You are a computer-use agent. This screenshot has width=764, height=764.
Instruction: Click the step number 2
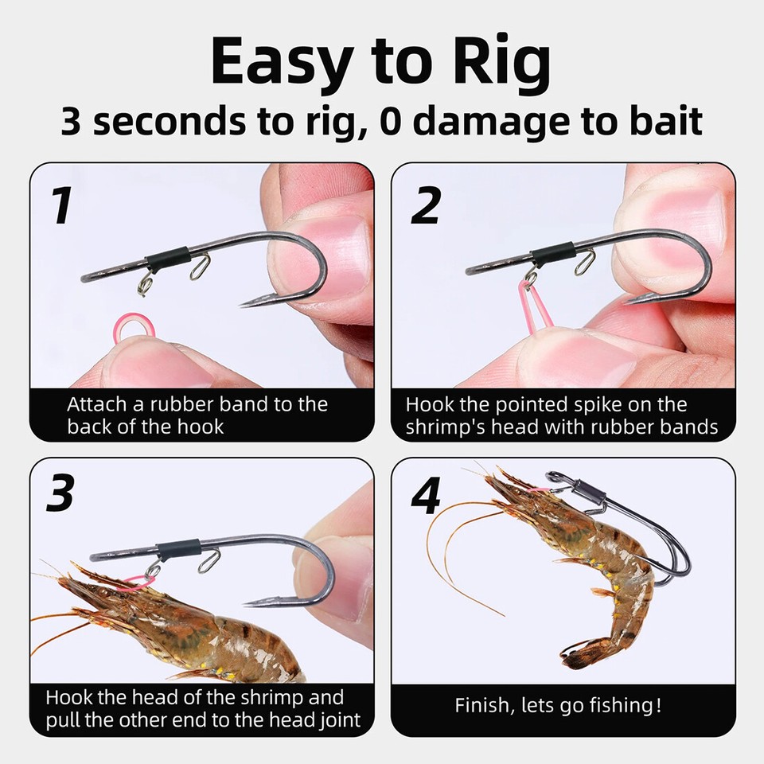(426, 205)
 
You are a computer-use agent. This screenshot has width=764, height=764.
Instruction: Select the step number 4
(427, 496)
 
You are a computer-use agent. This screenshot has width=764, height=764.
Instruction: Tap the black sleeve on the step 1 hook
(167, 258)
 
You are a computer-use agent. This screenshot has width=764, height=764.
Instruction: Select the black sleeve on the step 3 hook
(177, 549)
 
